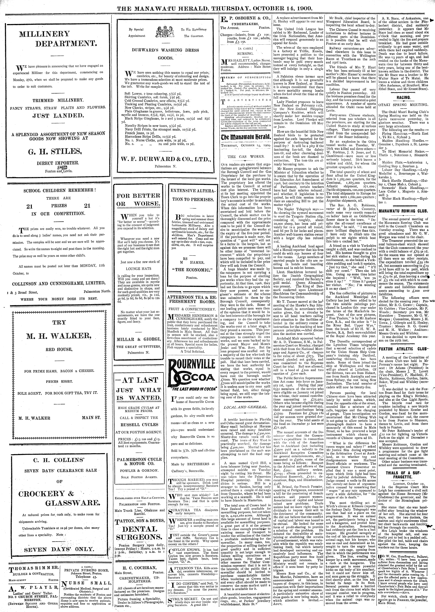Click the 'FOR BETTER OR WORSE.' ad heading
(139, 200)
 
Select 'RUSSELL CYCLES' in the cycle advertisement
(139, 425)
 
